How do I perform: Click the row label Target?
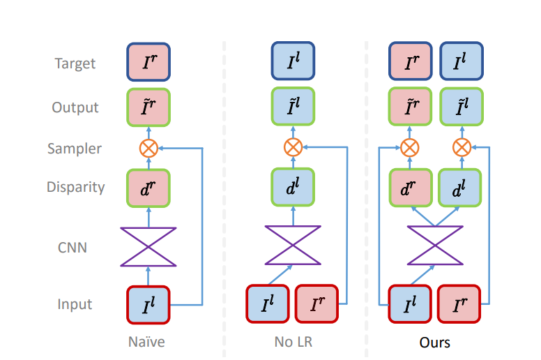[x=75, y=63]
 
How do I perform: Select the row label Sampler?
[x=75, y=149]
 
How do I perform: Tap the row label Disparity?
[x=75, y=187]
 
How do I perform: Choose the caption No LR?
[x=293, y=343]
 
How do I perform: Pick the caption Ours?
[x=434, y=343]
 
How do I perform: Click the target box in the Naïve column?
[x=148, y=63]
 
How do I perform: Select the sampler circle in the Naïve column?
[x=149, y=147]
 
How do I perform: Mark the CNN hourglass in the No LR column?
[x=293, y=245]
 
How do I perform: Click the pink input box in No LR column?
[x=319, y=305]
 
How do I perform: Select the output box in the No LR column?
[x=293, y=107]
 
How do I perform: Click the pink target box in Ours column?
[x=410, y=63]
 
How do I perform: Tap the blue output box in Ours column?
[x=460, y=107]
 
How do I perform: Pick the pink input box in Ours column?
[x=460, y=305]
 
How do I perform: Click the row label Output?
[x=75, y=107]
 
